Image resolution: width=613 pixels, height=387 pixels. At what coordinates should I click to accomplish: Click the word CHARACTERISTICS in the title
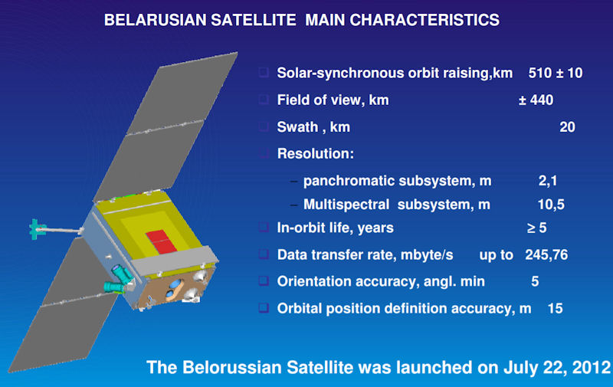tap(425, 20)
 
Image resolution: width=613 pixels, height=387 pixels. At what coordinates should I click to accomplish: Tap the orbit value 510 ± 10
tap(555, 73)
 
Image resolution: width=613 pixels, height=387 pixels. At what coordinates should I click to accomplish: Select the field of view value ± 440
tap(536, 100)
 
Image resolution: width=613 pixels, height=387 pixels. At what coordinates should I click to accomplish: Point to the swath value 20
tap(567, 127)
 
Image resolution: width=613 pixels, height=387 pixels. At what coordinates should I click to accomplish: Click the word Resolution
tap(315, 153)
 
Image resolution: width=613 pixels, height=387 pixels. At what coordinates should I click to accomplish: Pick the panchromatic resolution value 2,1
tap(548, 181)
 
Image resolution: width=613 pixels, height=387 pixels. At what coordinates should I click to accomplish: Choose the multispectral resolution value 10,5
tap(551, 205)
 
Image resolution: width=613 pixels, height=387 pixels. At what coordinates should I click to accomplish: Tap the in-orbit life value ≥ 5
tap(536, 228)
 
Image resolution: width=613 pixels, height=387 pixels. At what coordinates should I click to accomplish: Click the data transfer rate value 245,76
tap(546, 255)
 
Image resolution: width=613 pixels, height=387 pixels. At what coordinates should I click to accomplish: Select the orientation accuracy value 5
tap(535, 281)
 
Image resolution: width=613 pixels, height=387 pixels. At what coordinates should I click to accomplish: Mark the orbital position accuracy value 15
tap(555, 308)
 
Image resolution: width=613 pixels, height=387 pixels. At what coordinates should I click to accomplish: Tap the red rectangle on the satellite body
tap(161, 241)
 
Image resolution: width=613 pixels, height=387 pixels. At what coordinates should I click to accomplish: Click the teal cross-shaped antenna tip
tap(36, 229)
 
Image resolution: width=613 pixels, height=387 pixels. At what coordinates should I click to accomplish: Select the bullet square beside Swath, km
tap(264, 126)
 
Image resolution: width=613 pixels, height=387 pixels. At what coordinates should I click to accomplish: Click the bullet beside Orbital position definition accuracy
tap(264, 308)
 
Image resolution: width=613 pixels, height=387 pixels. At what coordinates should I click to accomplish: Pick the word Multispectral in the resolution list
tap(346, 205)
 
